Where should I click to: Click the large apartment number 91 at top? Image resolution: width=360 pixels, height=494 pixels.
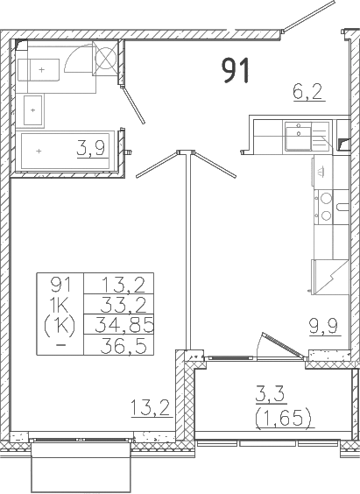pyautogui.click(x=235, y=71)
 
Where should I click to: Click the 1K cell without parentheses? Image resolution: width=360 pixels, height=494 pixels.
pyautogui.click(x=60, y=304)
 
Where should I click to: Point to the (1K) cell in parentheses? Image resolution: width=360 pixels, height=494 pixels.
pyautogui.click(x=60, y=323)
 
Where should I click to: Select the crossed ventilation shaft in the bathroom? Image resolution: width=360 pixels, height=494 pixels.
pyautogui.click(x=106, y=61)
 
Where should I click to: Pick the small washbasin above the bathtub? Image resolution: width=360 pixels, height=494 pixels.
pyautogui.click(x=32, y=110)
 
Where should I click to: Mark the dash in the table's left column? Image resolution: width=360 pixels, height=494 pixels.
pyautogui.click(x=60, y=344)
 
